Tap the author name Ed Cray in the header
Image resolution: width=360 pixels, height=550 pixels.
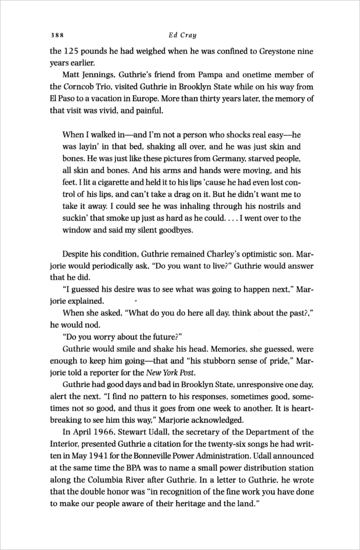[x=180, y=36]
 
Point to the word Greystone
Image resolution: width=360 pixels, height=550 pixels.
[x=273, y=51]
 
